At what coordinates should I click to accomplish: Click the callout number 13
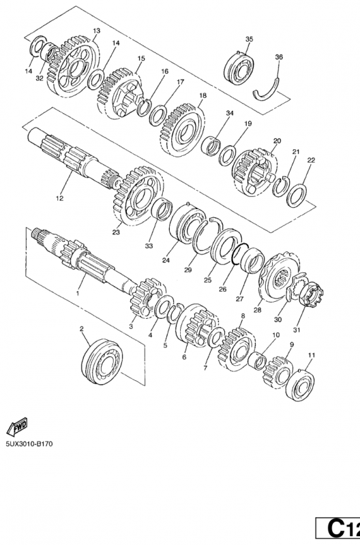tap(96, 31)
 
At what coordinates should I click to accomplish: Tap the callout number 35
tap(249, 39)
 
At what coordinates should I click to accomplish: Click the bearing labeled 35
tap(239, 67)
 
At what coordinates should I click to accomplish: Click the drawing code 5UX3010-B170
tap(29, 444)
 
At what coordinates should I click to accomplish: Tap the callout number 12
tap(59, 198)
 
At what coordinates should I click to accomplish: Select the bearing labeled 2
tap(102, 362)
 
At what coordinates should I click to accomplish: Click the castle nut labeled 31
tap(310, 294)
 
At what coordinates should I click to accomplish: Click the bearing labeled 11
tap(299, 386)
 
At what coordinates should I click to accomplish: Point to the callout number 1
tap(77, 294)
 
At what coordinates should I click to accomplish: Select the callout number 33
tap(149, 246)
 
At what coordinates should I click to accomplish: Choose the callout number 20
tap(277, 141)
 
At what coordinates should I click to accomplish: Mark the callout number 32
tap(40, 78)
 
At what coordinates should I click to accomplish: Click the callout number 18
tap(202, 95)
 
